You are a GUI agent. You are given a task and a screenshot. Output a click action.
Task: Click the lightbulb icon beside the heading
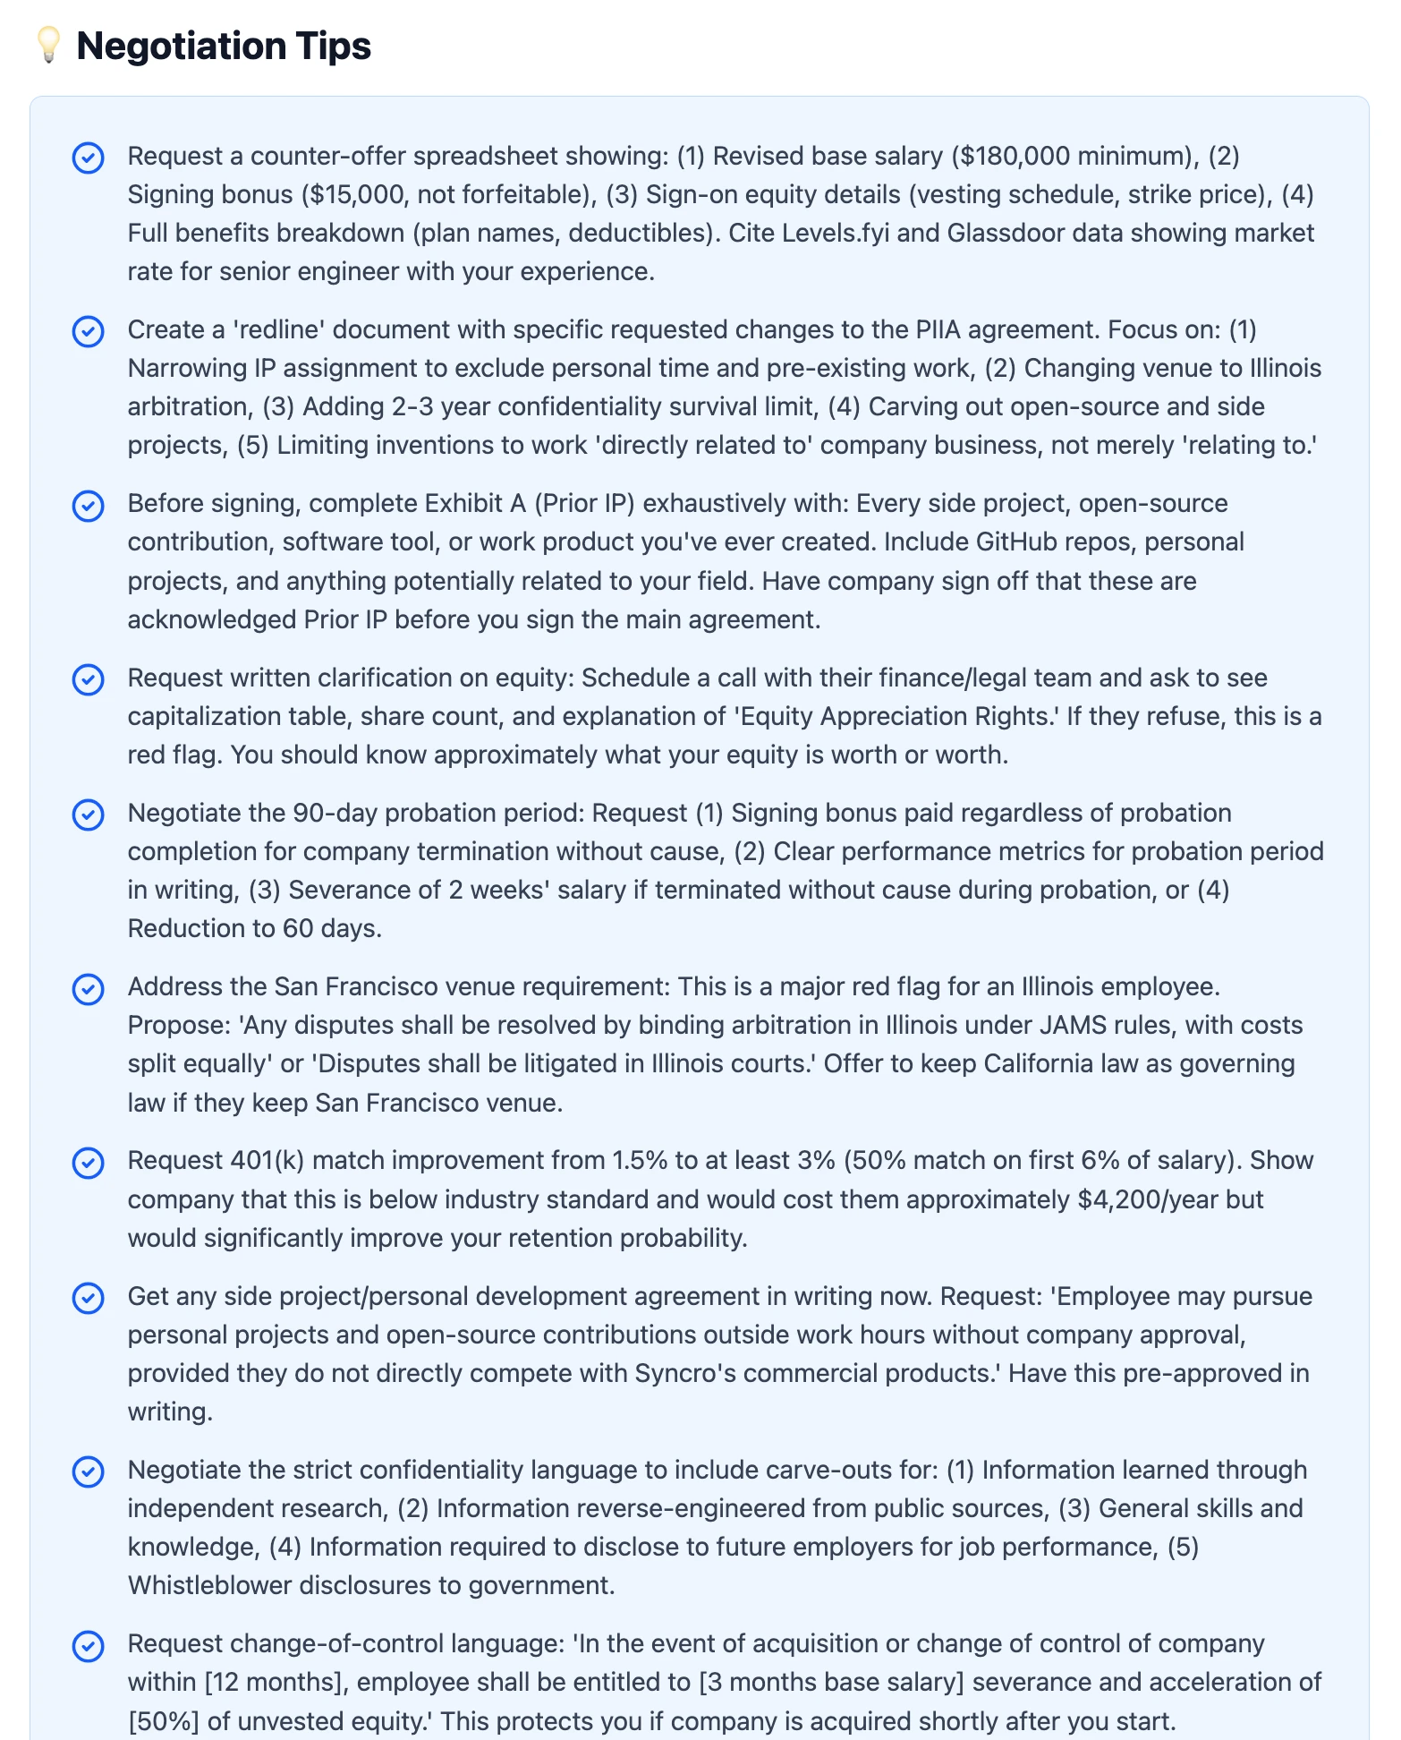tap(48, 46)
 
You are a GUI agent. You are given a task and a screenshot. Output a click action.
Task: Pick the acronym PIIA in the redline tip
tap(938, 329)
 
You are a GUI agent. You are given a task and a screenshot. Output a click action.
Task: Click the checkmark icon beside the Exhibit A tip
tap(88, 506)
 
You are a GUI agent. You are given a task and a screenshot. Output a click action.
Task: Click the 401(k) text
tap(267, 1160)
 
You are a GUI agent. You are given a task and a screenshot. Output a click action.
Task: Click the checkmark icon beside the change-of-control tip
tap(88, 1646)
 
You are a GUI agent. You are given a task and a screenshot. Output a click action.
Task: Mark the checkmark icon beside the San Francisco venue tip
tap(88, 989)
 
